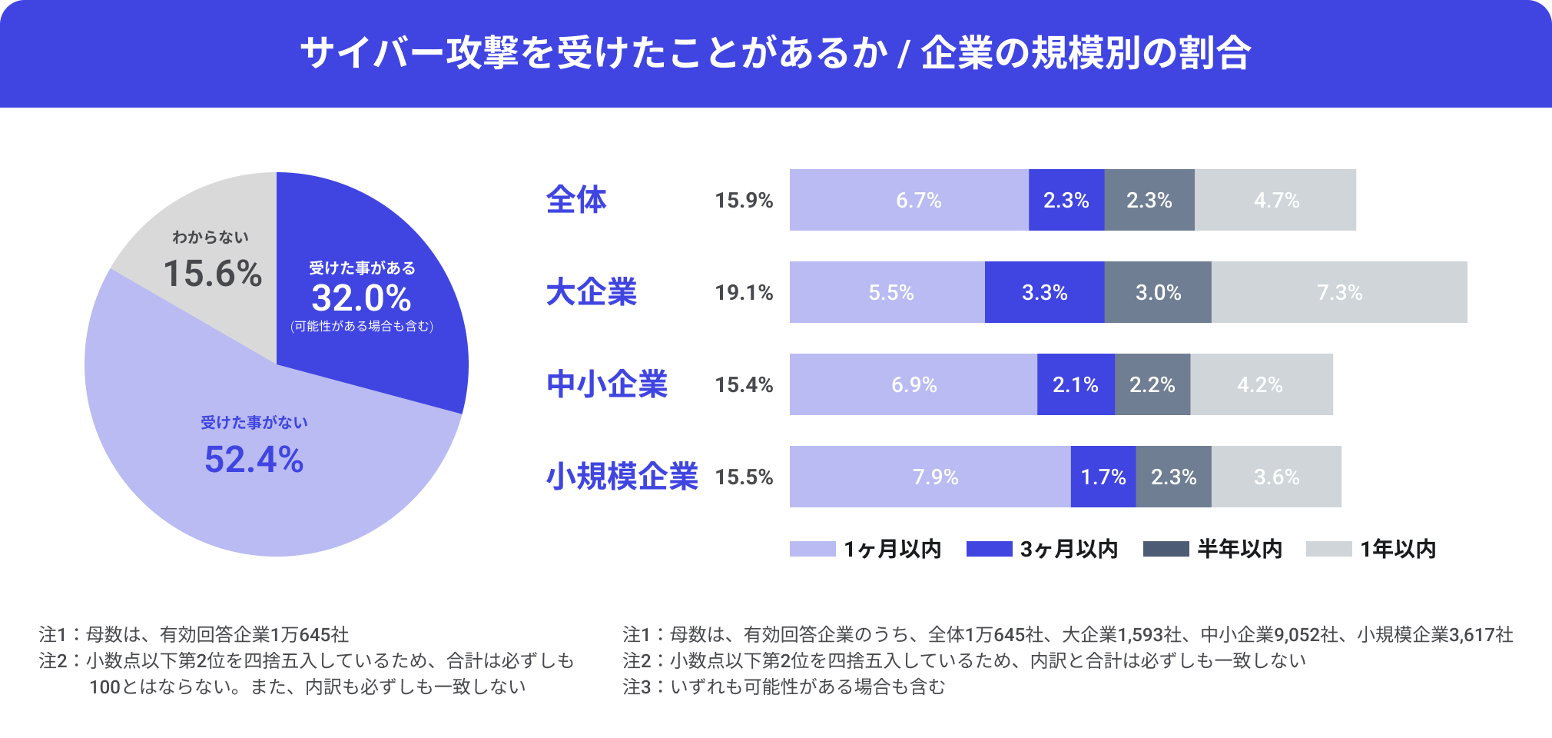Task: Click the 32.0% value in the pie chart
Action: click(361, 298)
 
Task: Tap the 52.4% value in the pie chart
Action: click(254, 460)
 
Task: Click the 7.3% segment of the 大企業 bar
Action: click(1339, 292)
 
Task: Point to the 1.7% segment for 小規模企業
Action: click(1103, 477)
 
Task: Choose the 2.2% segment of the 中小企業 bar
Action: click(1152, 384)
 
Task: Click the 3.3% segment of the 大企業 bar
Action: click(1044, 292)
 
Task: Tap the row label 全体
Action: click(576, 200)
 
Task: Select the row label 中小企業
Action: click(607, 384)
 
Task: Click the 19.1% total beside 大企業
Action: click(744, 293)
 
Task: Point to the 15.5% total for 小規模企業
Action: click(744, 477)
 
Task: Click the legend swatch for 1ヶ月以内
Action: click(812, 549)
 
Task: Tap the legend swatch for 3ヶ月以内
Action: click(989, 549)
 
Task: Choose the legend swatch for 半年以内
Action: click(1166, 549)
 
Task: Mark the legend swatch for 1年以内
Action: click(1328, 549)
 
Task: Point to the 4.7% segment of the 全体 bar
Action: click(1275, 200)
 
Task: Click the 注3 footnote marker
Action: click(637, 686)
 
